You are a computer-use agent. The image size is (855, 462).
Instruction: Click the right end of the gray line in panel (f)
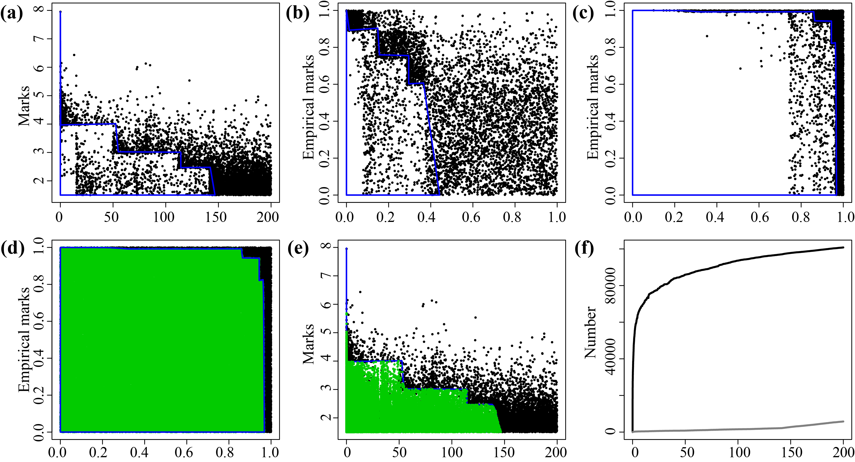point(843,421)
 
